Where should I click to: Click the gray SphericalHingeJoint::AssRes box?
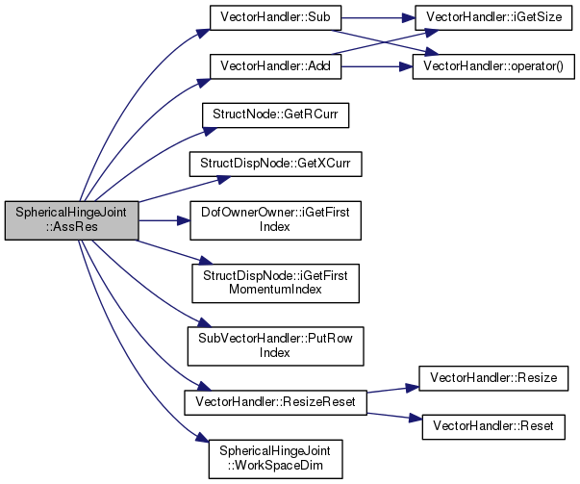pos(72,220)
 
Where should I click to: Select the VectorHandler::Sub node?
pos(275,17)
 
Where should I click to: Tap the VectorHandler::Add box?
pos(275,66)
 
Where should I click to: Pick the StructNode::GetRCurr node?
pos(275,115)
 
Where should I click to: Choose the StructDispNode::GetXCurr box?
pos(275,164)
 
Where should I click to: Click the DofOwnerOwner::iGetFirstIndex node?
pos(275,220)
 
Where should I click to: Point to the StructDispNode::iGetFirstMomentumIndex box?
pos(275,284)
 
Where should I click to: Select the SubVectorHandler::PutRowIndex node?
pos(275,346)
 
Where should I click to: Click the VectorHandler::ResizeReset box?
pos(275,402)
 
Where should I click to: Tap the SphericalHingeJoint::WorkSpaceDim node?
pos(275,459)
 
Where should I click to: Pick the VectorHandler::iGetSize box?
pos(493,17)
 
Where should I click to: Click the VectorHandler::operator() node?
pos(493,66)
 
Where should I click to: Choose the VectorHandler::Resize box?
pos(493,378)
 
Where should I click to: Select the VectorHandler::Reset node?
pos(493,427)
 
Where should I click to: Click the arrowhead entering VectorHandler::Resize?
pos(412,388)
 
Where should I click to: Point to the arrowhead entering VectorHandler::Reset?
pos(415,419)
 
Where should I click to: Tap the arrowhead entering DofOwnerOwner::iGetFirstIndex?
pos(183,220)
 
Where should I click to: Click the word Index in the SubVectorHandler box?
pos(274,352)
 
